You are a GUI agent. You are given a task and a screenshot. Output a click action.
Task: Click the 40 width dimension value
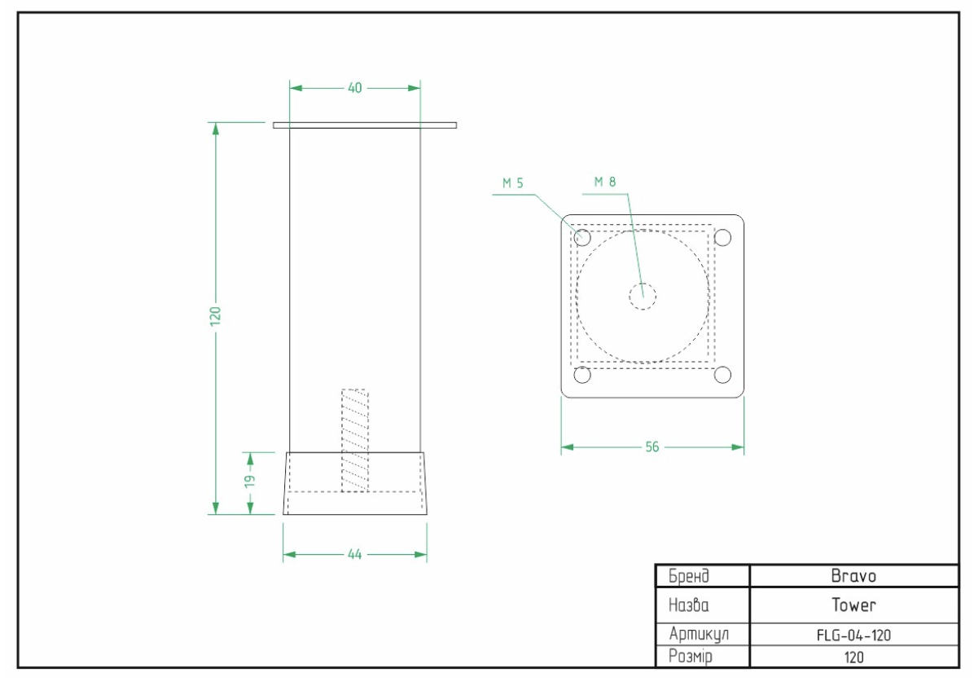click(x=355, y=88)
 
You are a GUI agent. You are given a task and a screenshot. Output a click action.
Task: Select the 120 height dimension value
click(x=216, y=315)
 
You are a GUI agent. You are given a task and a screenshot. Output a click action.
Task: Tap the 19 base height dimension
click(x=250, y=481)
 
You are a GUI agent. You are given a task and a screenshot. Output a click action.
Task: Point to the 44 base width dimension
click(x=355, y=554)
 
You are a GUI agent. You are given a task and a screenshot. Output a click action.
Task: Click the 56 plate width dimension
click(x=652, y=446)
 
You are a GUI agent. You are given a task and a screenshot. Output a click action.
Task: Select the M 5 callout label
click(x=513, y=183)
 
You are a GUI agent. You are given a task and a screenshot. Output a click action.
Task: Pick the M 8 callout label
click(x=605, y=182)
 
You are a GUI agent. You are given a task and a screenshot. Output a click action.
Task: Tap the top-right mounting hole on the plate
click(x=722, y=237)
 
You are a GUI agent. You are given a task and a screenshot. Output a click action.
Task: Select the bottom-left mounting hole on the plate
click(x=582, y=375)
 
